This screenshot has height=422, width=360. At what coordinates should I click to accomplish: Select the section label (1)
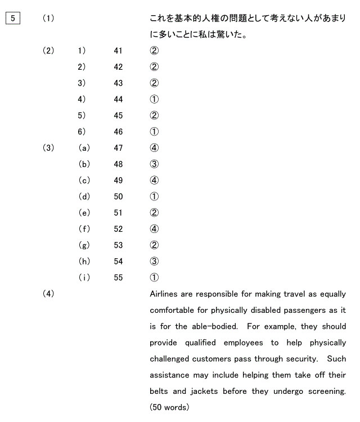(48, 19)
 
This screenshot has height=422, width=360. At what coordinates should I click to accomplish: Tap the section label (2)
(48, 51)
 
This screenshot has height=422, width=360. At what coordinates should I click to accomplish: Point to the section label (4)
(48, 294)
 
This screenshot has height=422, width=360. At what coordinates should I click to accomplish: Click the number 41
(118, 51)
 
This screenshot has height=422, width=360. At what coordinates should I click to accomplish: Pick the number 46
(118, 132)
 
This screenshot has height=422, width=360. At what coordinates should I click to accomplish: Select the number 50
(118, 197)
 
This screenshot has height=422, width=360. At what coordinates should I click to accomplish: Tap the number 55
(118, 277)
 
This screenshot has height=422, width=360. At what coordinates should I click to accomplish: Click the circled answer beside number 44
(154, 100)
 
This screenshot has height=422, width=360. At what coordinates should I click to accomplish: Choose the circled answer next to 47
(154, 148)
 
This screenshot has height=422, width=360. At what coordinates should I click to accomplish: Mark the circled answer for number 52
(154, 229)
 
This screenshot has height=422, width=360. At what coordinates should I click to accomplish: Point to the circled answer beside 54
(154, 261)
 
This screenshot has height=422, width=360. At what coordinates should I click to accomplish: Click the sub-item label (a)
(84, 148)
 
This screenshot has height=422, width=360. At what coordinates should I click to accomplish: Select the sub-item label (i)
(84, 277)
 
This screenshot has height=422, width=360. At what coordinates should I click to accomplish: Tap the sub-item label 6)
(82, 132)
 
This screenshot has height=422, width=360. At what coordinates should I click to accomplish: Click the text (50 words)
(169, 407)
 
